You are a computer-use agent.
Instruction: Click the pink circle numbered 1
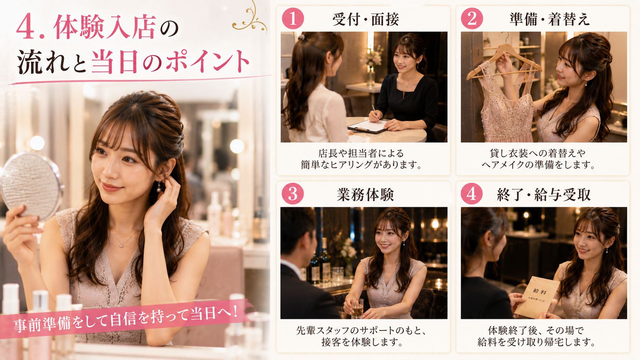(293, 19)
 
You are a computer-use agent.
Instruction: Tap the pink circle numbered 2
(472, 19)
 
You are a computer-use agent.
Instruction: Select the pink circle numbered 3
(293, 194)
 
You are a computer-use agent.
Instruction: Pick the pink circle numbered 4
(472, 194)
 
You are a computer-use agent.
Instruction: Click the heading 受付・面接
(366, 20)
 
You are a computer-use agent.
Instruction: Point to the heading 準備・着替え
(550, 20)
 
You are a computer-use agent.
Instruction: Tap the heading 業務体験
(366, 195)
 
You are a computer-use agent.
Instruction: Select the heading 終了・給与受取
(544, 195)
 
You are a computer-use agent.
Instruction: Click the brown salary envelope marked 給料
(537, 297)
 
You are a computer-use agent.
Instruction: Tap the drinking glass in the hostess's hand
(357, 308)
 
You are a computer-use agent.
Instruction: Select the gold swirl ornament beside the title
(249, 18)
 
